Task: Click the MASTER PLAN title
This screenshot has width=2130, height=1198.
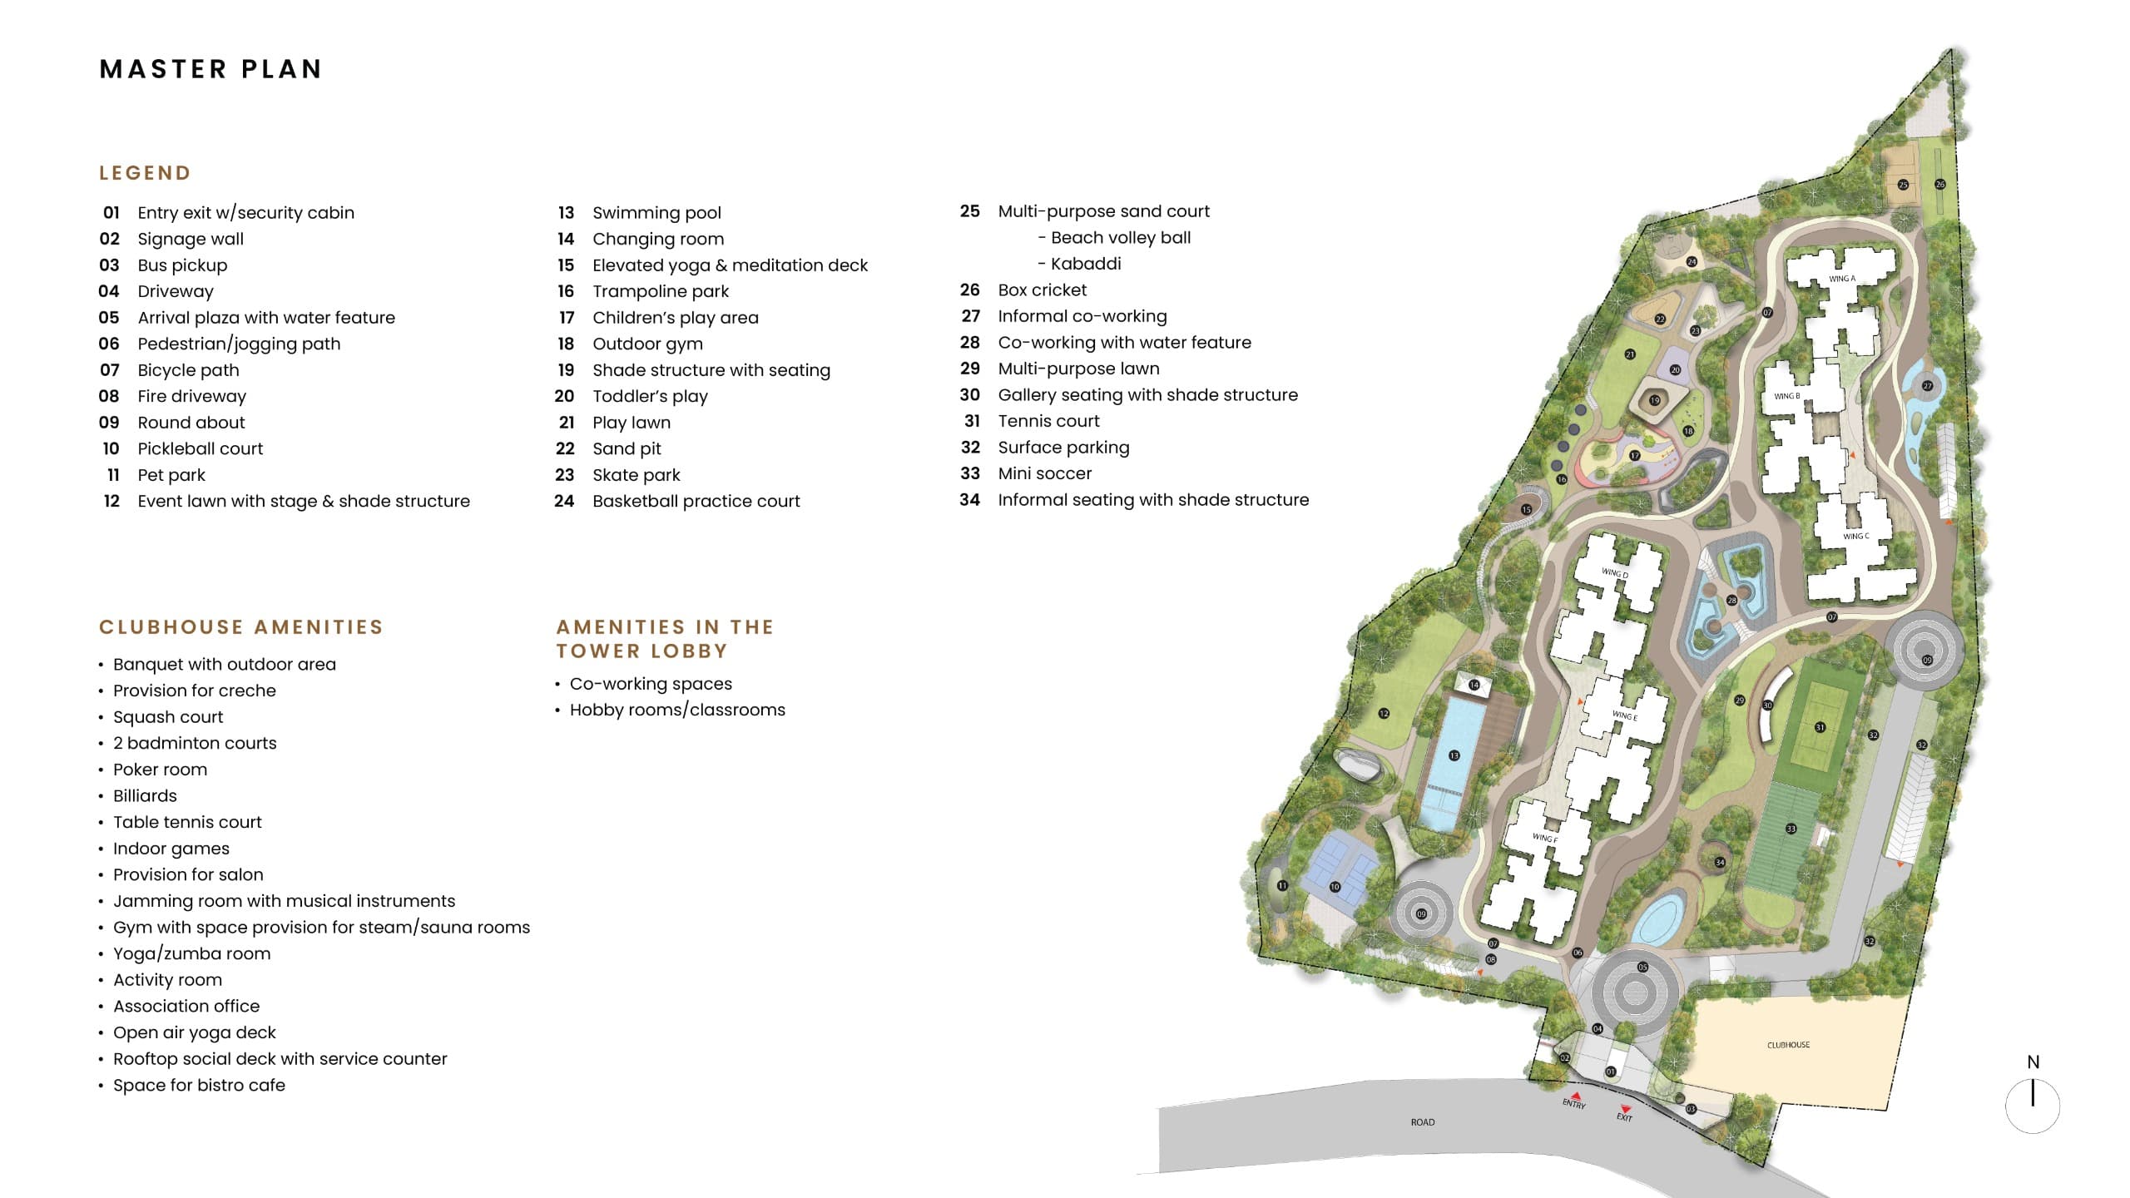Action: click(x=211, y=69)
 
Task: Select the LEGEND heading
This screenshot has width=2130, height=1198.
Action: click(x=145, y=173)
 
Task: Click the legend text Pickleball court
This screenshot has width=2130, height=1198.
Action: click(x=200, y=449)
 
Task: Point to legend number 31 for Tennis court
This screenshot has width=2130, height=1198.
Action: click(x=972, y=422)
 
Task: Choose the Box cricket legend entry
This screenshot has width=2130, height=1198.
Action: click(x=1042, y=290)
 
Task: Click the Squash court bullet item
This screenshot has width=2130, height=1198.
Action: click(x=168, y=717)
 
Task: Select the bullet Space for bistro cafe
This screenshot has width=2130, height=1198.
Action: click(x=199, y=1086)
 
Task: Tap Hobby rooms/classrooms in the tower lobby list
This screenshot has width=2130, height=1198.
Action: click(x=677, y=710)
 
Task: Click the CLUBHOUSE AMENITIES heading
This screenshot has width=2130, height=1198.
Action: click(x=241, y=627)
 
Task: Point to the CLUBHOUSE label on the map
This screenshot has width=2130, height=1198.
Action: click(x=1788, y=1045)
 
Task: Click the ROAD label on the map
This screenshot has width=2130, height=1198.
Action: click(x=1423, y=1122)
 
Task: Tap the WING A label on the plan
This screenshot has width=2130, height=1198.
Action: click(x=1841, y=279)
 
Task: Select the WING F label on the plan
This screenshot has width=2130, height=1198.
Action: click(x=1544, y=838)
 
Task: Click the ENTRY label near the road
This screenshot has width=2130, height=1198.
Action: click(x=1573, y=1104)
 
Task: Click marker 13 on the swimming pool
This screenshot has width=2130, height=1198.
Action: click(x=1454, y=755)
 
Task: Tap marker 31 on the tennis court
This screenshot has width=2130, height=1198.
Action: click(x=1820, y=727)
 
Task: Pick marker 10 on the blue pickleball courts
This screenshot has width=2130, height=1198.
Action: click(x=1335, y=887)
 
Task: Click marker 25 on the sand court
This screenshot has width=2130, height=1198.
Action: click(x=1903, y=185)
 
